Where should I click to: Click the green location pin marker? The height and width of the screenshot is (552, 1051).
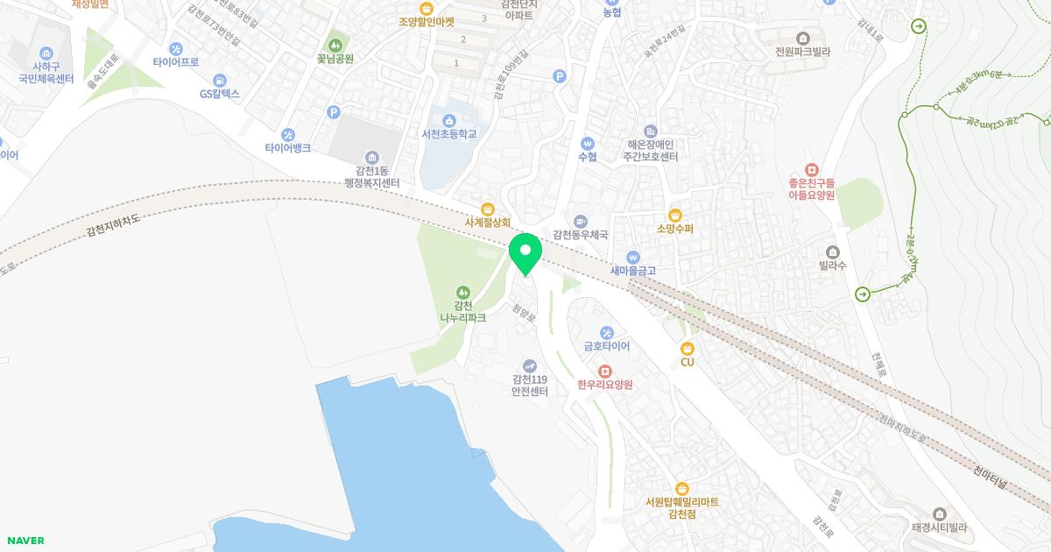click(x=525, y=254)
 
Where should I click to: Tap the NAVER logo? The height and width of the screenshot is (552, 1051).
click(x=25, y=541)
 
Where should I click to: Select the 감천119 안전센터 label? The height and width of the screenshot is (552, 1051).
click(x=530, y=385)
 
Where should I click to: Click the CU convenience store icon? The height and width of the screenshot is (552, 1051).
click(x=687, y=348)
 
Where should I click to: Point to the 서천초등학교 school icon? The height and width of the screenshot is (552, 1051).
click(x=449, y=120)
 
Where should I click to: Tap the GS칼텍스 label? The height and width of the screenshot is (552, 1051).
click(x=219, y=94)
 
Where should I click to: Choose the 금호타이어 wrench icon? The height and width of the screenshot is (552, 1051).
click(x=607, y=332)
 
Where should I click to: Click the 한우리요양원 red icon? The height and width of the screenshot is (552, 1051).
click(x=604, y=371)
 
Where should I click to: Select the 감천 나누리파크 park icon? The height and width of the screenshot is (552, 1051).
click(x=462, y=293)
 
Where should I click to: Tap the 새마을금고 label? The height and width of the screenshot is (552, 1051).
click(x=633, y=271)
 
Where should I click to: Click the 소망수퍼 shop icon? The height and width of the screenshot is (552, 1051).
click(x=675, y=215)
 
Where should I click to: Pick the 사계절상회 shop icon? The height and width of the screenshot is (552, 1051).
click(x=488, y=209)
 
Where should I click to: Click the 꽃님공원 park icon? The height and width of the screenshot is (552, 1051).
click(x=335, y=45)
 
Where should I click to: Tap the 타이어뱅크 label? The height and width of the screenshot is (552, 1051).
click(x=288, y=148)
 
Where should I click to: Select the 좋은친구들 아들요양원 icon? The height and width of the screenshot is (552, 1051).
click(x=811, y=169)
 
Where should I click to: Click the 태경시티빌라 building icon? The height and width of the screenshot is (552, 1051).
click(x=939, y=513)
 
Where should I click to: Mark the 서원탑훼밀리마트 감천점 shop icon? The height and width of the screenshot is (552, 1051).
click(x=681, y=489)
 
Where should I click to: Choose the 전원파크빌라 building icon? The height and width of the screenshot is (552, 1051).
click(x=802, y=38)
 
